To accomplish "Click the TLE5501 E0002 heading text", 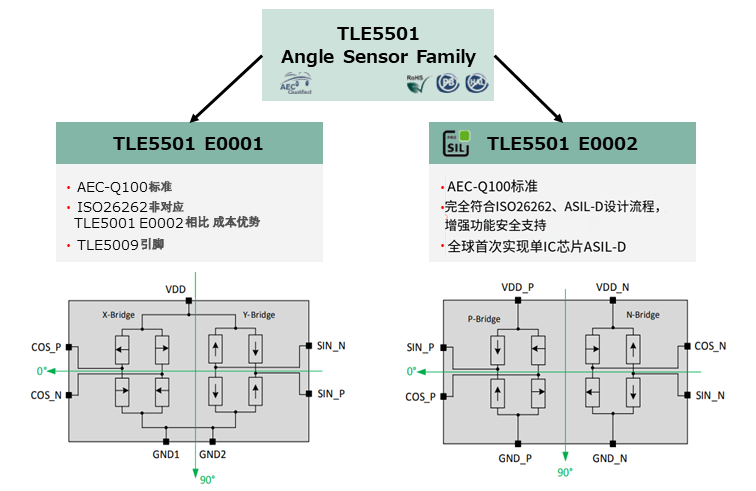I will [562, 144].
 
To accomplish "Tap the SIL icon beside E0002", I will [456, 144].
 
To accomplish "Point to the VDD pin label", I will [176, 289].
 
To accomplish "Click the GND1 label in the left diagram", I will [166, 453].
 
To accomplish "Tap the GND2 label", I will [213, 453].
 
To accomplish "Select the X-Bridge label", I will [119, 314].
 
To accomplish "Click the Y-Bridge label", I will [258, 314].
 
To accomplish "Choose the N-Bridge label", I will [642, 315].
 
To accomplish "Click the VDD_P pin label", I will [518, 287].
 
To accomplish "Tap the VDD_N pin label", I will [613, 287].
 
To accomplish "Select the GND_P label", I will [517, 457].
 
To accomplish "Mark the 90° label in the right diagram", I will [565, 471].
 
